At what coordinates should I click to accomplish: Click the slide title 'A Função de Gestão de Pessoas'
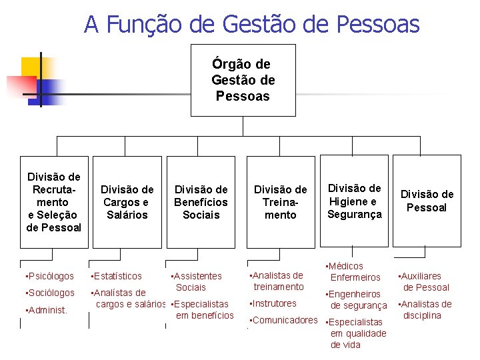pos(251,25)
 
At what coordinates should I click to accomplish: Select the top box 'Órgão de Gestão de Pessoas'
pos(243,80)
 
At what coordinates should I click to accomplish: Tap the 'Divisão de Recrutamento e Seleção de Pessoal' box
pos(53,202)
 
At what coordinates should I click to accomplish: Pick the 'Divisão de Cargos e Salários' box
pos(127,202)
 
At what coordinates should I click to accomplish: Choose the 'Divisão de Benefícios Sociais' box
pos(201,202)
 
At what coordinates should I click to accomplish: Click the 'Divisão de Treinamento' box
pos(280,202)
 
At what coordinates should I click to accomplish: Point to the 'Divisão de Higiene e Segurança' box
pos(354,201)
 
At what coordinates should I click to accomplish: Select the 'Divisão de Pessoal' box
pos(427,201)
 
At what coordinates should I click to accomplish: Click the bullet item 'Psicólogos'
pos(49,276)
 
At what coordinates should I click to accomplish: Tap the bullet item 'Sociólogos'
pos(49,293)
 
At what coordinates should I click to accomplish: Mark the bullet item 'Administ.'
pos(46,309)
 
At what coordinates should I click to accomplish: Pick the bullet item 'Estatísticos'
pos(117,276)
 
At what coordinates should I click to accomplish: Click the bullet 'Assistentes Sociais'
pos(197,281)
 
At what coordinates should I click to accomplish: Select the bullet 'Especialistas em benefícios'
pos(203,309)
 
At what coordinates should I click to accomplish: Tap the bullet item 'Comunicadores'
pos(284,320)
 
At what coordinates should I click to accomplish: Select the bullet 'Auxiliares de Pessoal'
pos(425,281)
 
